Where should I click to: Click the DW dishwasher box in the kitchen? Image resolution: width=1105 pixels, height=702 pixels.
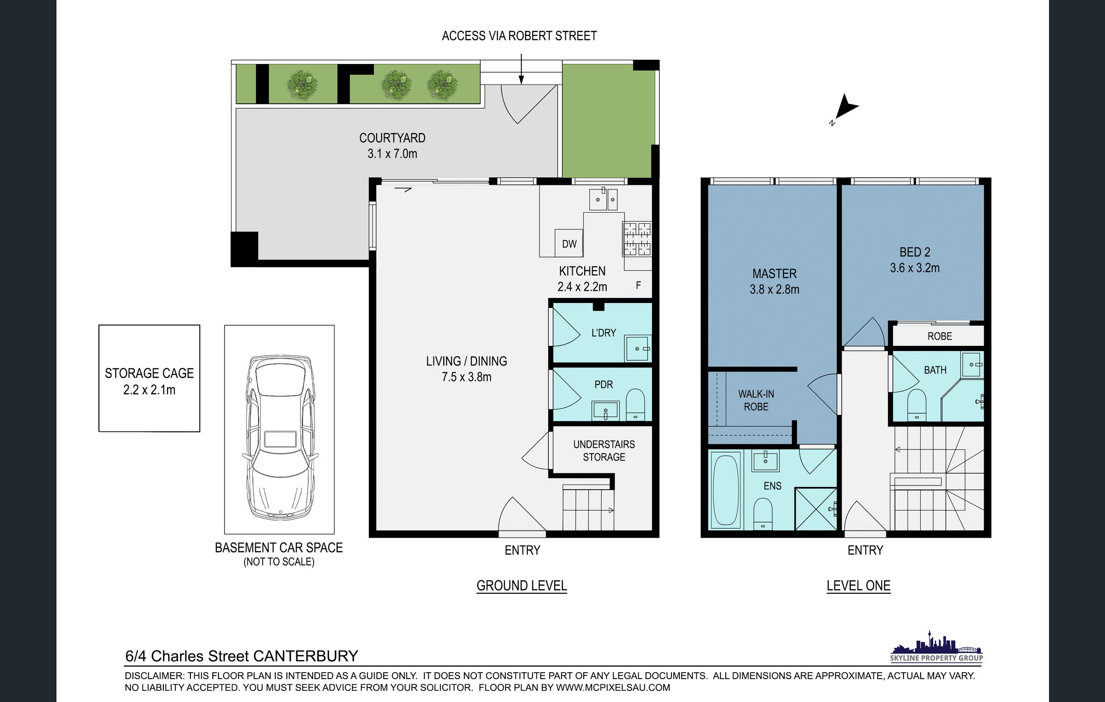[x=569, y=243]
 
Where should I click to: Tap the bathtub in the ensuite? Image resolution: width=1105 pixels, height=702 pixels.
[x=726, y=489]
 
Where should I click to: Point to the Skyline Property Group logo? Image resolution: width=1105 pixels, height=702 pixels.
[x=936, y=646]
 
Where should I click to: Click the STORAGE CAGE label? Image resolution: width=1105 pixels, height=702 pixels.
[x=149, y=373]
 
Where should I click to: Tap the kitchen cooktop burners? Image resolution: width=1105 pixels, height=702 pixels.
[x=637, y=239]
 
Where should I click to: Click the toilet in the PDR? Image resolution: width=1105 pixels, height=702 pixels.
[x=635, y=404]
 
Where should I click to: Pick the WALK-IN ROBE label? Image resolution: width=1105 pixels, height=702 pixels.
[x=756, y=400]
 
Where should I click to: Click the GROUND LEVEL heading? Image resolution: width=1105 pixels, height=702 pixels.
[x=522, y=585]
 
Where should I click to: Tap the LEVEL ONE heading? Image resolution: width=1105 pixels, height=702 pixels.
[x=859, y=585]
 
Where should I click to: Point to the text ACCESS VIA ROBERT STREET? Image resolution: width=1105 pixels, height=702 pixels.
[x=519, y=36]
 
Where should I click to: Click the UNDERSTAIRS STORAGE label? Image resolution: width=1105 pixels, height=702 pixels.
[x=604, y=450]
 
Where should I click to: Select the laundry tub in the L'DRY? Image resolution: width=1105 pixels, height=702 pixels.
[x=638, y=348]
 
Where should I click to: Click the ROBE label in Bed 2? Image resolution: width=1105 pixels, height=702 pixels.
[x=940, y=336]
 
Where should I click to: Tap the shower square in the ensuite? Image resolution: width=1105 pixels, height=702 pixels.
[x=816, y=509]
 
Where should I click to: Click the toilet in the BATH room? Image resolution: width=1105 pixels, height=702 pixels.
[x=917, y=405]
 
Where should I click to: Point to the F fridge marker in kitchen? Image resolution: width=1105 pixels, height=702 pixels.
[x=638, y=285]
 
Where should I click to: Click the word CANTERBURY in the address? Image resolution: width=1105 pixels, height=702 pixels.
[x=306, y=656]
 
